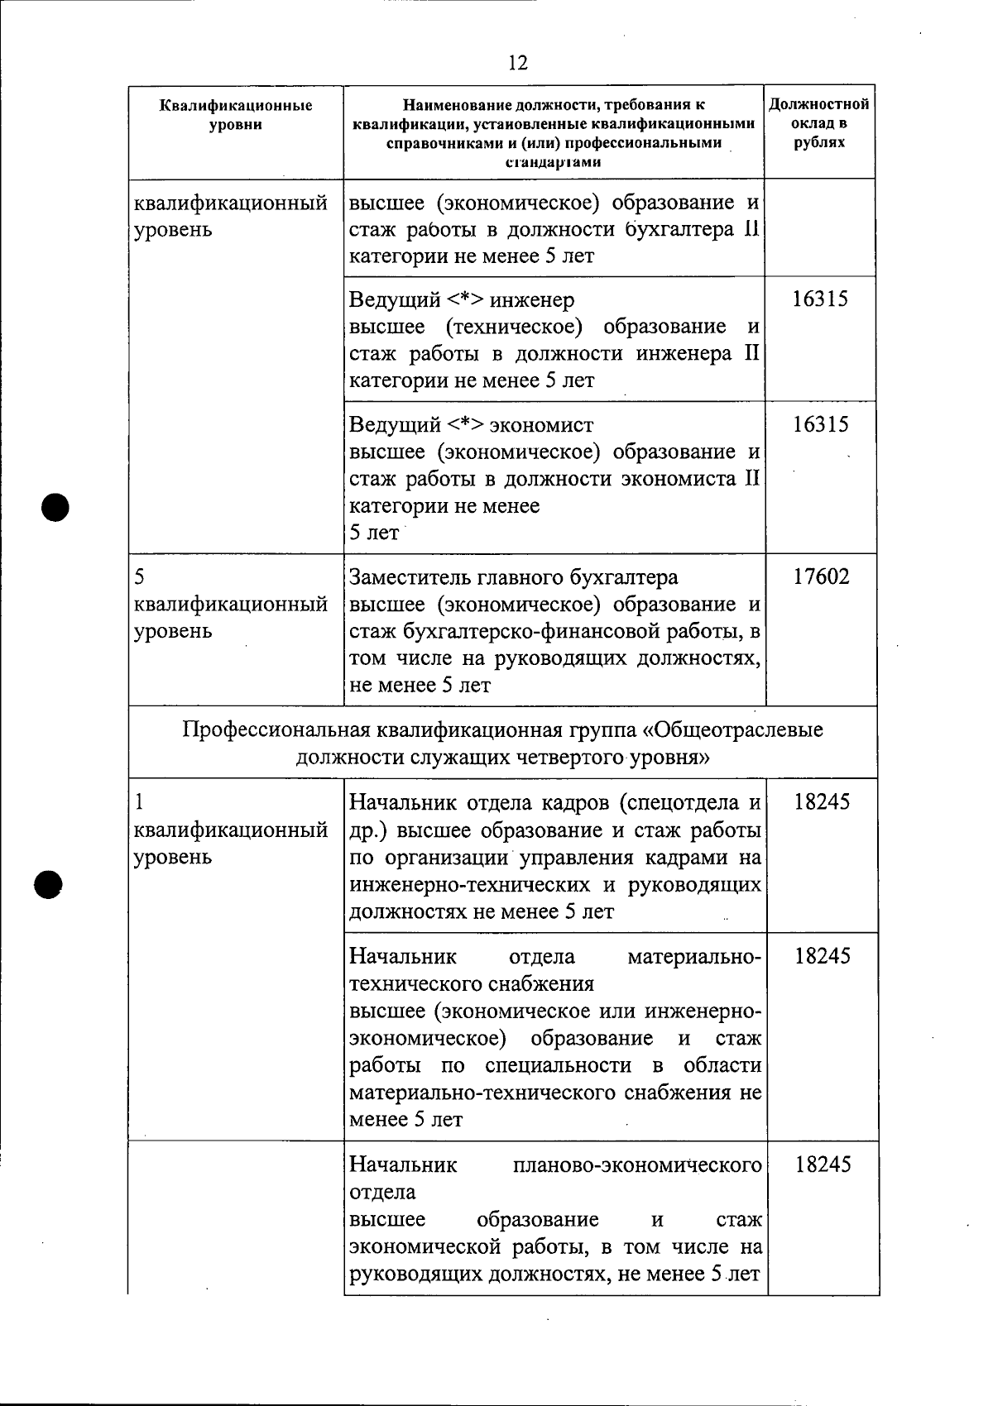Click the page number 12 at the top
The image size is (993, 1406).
[518, 63]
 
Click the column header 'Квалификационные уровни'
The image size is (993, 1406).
[236, 115]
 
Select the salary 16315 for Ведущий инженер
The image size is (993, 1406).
[820, 299]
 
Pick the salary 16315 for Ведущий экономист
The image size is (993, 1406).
[820, 424]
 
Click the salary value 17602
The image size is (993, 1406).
[821, 576]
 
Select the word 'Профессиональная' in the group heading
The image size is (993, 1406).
[276, 730]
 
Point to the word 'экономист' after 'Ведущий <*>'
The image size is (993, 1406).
[541, 425]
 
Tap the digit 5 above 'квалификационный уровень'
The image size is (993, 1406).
[139, 576]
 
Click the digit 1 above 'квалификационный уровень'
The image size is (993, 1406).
[139, 801]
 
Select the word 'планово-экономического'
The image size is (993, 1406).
[637, 1165]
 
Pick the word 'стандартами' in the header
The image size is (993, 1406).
[553, 161]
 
